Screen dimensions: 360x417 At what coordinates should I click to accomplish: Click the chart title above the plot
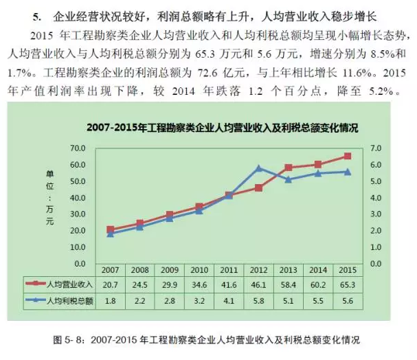(x=223, y=128)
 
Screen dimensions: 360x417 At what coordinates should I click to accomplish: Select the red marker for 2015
(x=347, y=156)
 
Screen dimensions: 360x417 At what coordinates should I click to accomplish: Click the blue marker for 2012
(x=258, y=168)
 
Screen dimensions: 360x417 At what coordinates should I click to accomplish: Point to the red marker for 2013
(x=288, y=167)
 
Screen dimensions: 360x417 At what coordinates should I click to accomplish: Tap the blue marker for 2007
(x=111, y=234)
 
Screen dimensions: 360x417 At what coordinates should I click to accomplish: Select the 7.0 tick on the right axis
(x=375, y=148)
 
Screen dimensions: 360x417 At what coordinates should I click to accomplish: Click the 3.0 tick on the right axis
(x=375, y=214)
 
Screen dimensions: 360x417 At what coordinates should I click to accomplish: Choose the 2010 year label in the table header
(x=199, y=270)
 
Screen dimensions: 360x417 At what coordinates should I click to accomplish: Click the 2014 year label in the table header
(x=317, y=270)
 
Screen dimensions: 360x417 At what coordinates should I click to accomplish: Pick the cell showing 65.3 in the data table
(x=347, y=284)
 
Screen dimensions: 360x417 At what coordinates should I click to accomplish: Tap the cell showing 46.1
(x=258, y=284)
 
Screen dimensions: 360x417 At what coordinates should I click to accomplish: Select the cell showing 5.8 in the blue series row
(x=258, y=300)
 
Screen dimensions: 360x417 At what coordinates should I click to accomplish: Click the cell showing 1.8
(x=111, y=300)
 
